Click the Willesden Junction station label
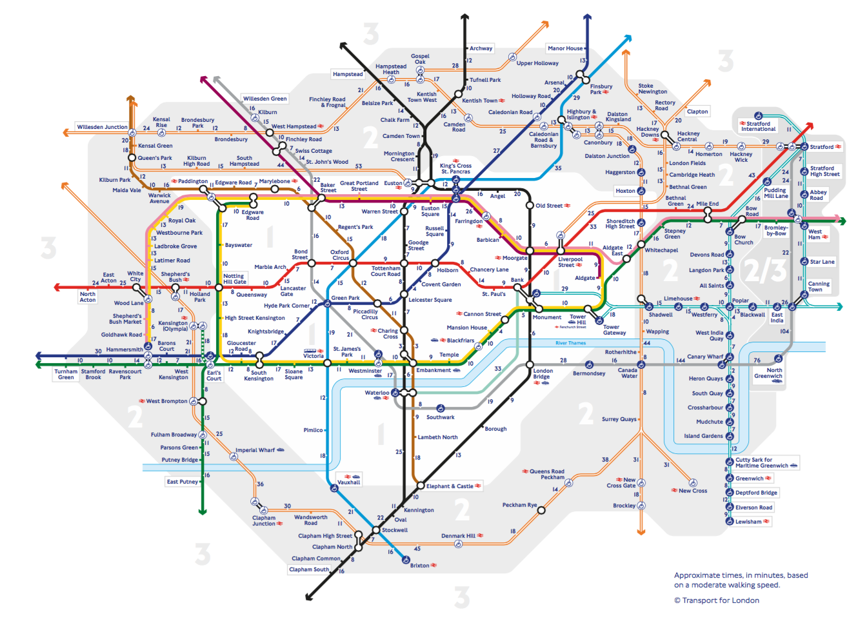[x=102, y=127]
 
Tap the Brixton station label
[x=420, y=565]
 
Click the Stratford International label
[x=759, y=126]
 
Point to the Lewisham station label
[x=748, y=522]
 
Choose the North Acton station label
[x=88, y=297]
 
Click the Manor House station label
[x=565, y=48]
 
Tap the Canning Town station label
[x=819, y=286]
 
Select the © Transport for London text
[x=716, y=600]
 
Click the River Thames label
[x=570, y=343]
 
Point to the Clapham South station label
[x=308, y=569]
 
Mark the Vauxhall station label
[x=349, y=482]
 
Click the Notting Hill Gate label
[x=235, y=279]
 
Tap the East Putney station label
[x=182, y=482]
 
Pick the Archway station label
[x=481, y=48]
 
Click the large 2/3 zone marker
[x=765, y=271]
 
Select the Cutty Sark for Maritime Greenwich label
[x=762, y=463]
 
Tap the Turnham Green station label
[x=66, y=374]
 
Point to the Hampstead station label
[x=348, y=74]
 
